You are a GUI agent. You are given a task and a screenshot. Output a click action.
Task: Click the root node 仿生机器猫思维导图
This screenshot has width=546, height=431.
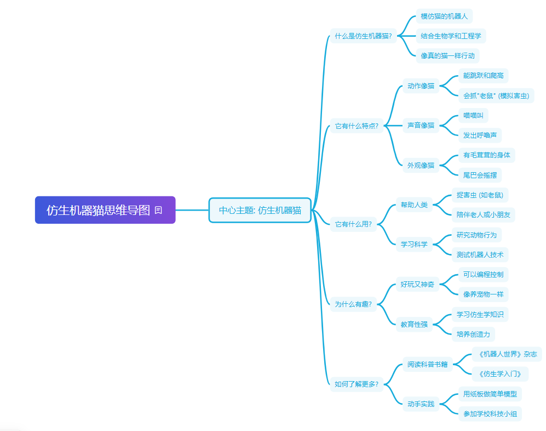pyautogui.click(x=105, y=210)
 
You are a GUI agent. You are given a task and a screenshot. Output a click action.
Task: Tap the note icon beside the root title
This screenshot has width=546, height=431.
pyautogui.click(x=158, y=210)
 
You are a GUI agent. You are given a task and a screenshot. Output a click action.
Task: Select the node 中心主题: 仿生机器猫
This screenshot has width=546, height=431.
pyautogui.click(x=260, y=210)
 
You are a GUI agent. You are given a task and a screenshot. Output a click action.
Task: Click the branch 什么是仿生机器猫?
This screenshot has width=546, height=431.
pyautogui.click(x=363, y=36)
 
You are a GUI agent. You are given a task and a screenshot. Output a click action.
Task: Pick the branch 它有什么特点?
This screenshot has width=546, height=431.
pyautogui.click(x=357, y=126)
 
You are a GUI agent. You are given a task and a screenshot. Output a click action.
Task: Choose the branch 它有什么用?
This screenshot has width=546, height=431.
pyautogui.click(x=353, y=224)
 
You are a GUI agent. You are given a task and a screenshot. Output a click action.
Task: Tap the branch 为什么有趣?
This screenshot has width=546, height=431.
pyautogui.click(x=353, y=304)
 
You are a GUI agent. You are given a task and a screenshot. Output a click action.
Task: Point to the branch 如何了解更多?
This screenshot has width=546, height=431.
pyautogui.click(x=357, y=384)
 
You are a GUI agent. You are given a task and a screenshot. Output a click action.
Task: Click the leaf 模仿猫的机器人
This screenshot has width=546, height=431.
pyautogui.click(x=444, y=16)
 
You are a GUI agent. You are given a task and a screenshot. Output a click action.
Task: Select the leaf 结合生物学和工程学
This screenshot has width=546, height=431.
pyautogui.click(x=451, y=36)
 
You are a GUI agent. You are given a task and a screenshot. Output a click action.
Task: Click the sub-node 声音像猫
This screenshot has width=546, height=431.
pyautogui.click(x=421, y=125)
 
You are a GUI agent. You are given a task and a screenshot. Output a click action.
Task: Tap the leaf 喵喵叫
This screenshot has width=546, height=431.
pyautogui.click(x=473, y=115)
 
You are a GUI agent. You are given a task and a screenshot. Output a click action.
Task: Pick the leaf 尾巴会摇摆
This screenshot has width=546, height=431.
pyautogui.click(x=480, y=175)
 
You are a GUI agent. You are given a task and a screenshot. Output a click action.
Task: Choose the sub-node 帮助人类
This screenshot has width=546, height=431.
pyautogui.click(x=414, y=205)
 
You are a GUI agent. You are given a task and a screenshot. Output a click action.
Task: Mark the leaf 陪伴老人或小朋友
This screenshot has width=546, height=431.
pyautogui.click(x=484, y=215)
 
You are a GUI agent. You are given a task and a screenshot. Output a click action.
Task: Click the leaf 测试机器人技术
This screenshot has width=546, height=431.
pyautogui.click(x=480, y=254)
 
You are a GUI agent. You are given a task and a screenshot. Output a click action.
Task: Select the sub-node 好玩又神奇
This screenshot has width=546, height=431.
pyautogui.click(x=417, y=284)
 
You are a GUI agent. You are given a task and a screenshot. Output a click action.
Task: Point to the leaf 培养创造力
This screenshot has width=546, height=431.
pyautogui.click(x=473, y=334)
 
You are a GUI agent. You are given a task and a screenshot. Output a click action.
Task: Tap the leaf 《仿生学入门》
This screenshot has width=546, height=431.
pyautogui.click(x=500, y=374)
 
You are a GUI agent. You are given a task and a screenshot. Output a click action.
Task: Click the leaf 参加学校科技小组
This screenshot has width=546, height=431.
pyautogui.click(x=490, y=413)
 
